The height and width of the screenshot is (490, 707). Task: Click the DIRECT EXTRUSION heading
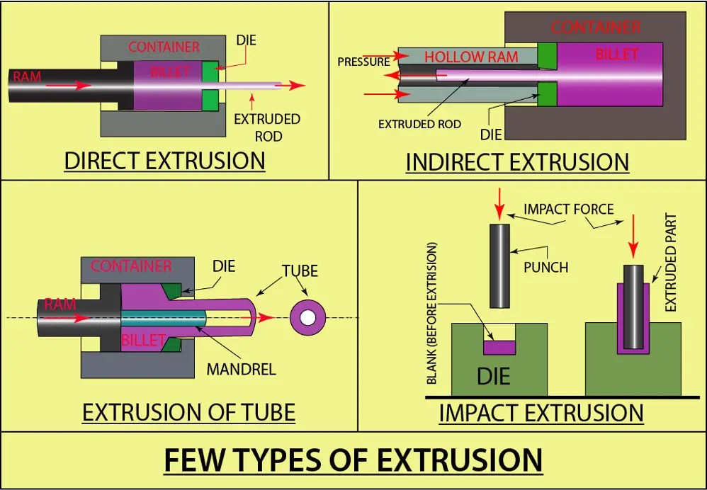(164, 161)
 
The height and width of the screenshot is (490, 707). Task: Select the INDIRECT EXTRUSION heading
(517, 161)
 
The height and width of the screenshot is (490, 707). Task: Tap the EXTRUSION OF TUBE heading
(188, 411)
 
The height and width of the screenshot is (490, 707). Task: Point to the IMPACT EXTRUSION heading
(541, 412)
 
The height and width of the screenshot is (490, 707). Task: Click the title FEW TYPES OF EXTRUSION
(353, 460)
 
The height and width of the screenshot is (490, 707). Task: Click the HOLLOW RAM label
(471, 57)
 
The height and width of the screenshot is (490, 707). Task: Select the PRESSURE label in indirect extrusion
(363, 62)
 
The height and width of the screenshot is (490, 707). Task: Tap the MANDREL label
(241, 369)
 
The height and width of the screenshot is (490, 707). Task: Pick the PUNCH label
(546, 268)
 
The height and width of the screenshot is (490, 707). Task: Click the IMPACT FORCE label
(568, 209)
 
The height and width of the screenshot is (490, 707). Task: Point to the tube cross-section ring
(307, 317)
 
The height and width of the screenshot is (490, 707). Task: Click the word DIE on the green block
(494, 375)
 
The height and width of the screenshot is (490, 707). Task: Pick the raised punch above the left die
(500, 265)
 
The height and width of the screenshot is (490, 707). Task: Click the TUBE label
(300, 271)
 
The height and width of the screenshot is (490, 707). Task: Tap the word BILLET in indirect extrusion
(617, 55)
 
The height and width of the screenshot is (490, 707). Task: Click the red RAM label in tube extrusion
(60, 304)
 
